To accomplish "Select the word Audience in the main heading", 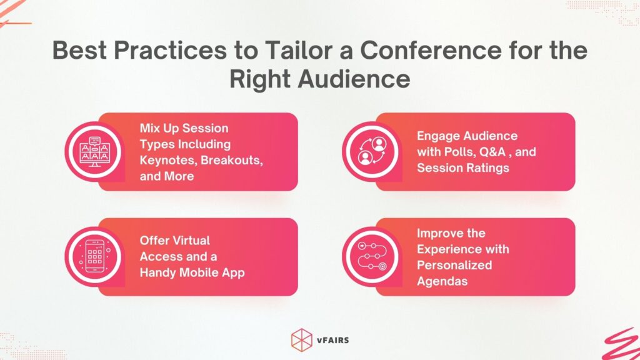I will [x=351, y=79].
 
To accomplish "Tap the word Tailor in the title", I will [x=284, y=51].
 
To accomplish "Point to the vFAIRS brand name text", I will [x=333, y=340].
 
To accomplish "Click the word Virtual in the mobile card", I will [x=189, y=240].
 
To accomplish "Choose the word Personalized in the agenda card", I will [x=454, y=265].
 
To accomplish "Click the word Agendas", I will [x=442, y=281].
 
